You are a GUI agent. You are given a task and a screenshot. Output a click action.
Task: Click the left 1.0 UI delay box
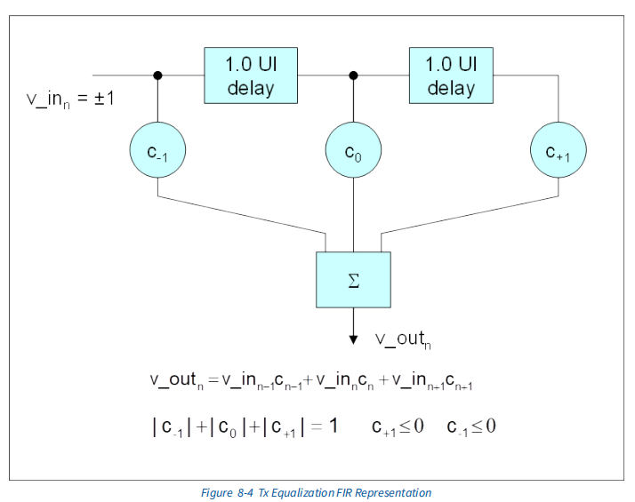pos(250,76)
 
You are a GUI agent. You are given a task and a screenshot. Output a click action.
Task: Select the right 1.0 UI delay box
pos(451,76)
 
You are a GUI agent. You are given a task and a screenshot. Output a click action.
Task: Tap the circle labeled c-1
pos(157,151)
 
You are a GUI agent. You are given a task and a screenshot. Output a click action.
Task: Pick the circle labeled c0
pos(354,151)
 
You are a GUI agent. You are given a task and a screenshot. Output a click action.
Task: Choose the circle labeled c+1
pos(559,151)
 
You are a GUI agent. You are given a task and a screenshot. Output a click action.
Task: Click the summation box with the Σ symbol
pos(353,281)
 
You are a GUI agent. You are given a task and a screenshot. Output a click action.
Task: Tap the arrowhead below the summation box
pos(353,337)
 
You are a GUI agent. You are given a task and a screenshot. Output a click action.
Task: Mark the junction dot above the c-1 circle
pos(158,76)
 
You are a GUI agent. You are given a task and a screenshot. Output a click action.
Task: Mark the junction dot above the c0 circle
pos(354,76)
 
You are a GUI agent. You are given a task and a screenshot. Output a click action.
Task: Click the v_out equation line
pos(311,381)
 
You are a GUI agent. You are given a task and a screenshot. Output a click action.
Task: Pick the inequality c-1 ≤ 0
pos(471,426)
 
